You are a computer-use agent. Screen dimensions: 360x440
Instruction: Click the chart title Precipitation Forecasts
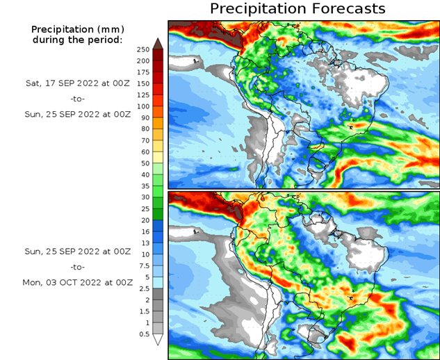297,9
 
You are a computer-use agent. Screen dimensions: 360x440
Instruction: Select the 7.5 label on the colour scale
144,265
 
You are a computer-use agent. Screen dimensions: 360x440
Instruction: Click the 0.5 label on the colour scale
144,334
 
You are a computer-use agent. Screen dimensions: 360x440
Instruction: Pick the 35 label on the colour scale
144,186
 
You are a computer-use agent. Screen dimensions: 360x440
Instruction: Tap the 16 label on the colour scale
144,231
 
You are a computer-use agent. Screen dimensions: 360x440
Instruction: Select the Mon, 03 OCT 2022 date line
76,283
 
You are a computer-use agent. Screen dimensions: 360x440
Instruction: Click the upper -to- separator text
77,99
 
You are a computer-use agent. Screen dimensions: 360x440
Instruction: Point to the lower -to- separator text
77,267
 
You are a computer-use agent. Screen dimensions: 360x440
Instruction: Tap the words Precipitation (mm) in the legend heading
77,29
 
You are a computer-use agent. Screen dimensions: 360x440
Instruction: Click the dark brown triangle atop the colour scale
158,43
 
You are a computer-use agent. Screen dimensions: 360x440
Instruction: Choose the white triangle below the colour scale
158,340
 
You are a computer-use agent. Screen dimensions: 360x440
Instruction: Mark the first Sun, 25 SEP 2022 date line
76,115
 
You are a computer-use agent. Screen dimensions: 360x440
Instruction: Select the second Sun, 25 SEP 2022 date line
76,251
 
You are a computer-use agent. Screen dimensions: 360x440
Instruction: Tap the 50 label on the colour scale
144,163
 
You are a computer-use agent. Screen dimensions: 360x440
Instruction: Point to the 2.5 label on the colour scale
144,288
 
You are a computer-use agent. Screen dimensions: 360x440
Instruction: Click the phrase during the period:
77,40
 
